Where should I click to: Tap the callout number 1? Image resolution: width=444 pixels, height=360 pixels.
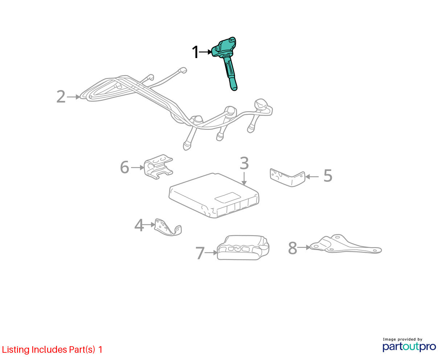coord(195,52)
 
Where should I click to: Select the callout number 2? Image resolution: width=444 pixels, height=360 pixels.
coord(61,97)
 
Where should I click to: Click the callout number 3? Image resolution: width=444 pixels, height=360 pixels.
coord(244,163)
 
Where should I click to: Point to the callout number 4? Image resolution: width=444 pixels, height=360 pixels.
coord(139,225)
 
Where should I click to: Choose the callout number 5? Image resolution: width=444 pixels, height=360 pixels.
coord(328,176)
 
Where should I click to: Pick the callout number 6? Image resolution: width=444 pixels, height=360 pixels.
coord(125,167)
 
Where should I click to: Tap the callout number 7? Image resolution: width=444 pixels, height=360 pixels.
coord(200,253)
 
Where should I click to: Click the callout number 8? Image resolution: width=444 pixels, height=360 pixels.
coord(292,248)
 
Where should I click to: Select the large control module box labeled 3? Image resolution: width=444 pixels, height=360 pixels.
coord(214,195)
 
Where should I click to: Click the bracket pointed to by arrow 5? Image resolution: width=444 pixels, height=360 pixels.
coord(287,178)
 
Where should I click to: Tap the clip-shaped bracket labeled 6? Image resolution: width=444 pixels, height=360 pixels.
coord(159,167)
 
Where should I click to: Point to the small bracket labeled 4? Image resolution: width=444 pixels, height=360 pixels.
coord(167,228)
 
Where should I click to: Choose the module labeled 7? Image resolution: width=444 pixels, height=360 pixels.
coord(243,247)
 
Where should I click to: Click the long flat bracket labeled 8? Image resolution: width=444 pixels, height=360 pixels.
coord(345,244)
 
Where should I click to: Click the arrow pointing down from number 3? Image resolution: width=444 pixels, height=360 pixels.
coord(244,178)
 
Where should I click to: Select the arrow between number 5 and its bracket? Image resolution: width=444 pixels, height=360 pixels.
coord(312,177)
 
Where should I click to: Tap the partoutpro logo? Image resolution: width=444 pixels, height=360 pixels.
coord(409,347)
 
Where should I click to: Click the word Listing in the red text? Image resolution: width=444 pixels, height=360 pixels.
coord(15,350)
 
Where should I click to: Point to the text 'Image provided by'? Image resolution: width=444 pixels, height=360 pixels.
coord(402,339)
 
